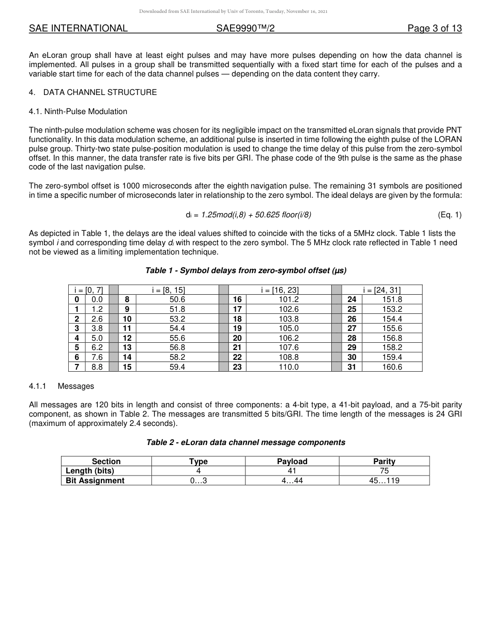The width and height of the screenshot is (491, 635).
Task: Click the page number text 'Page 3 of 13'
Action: click(x=434, y=28)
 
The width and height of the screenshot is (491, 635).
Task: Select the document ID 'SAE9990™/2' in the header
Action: click(x=245, y=28)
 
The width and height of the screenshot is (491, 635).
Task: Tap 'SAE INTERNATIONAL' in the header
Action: click(x=78, y=28)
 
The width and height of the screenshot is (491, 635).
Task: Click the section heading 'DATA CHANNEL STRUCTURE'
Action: click(x=100, y=92)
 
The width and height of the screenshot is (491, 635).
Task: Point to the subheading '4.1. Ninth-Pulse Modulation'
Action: click(x=78, y=112)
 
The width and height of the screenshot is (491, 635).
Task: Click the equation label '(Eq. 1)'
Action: click(x=449, y=215)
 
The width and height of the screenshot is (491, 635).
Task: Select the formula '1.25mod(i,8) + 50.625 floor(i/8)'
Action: click(x=256, y=215)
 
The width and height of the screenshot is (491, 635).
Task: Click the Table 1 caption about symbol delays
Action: click(x=245, y=271)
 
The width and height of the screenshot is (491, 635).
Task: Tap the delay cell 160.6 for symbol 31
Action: click(x=392, y=367)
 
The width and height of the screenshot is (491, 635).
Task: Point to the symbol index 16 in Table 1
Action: click(x=237, y=299)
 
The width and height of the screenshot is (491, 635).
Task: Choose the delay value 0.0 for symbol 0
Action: click(x=97, y=299)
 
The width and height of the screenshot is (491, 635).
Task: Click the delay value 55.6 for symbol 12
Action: click(x=177, y=338)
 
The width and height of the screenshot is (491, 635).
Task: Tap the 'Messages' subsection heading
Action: click(x=76, y=386)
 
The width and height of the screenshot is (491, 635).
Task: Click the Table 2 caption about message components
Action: click(x=245, y=442)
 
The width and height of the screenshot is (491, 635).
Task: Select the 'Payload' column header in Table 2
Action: click(x=292, y=462)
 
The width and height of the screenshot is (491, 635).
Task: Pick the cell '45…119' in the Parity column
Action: click(x=384, y=481)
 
